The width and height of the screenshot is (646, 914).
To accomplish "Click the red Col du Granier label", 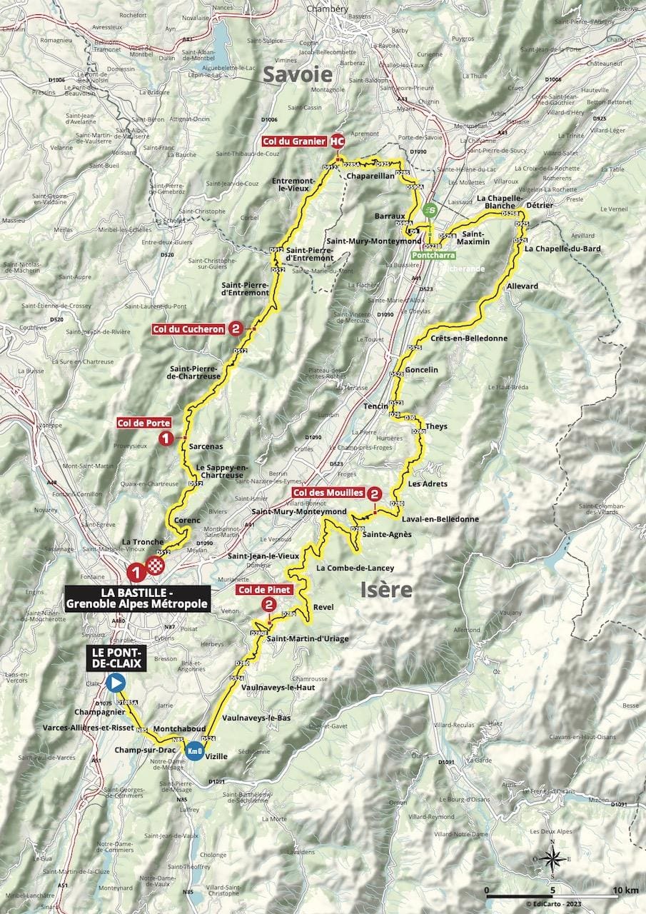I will [294, 140].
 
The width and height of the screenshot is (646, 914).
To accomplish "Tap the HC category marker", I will [337, 141].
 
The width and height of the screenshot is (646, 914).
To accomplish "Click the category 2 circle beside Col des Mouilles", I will [375, 493].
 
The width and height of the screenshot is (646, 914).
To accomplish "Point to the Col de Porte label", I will [143, 423].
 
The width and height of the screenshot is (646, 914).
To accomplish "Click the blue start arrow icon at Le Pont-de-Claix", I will [114, 683].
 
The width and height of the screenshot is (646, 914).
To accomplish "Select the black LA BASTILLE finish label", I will [137, 598].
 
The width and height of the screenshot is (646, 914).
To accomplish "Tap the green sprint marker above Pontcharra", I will [429, 210].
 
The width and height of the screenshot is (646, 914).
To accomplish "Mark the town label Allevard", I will [523, 286].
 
